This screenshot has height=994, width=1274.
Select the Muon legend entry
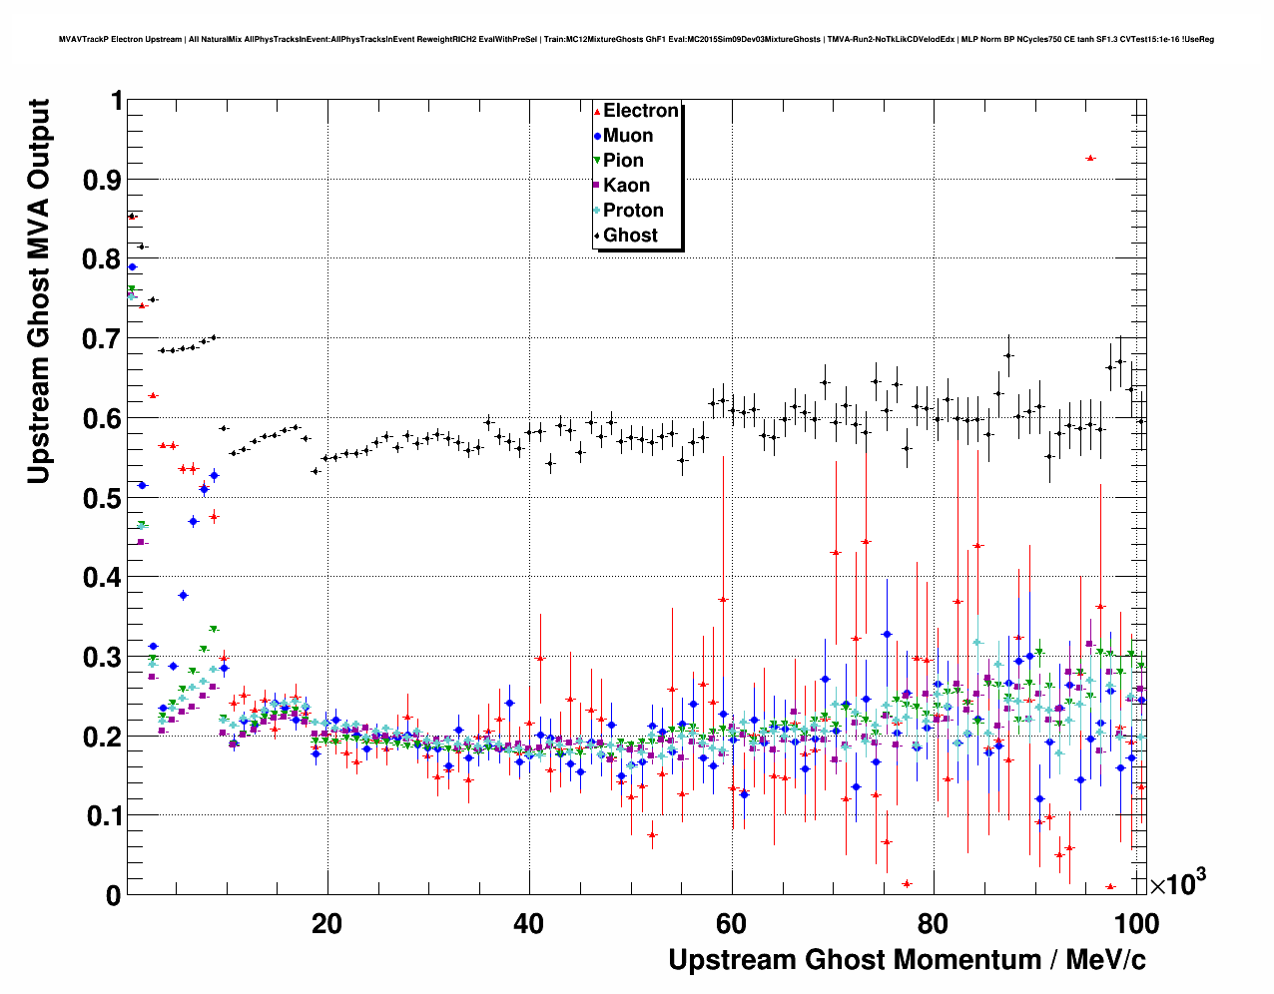point(627,136)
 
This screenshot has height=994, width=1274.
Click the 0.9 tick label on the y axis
point(100,180)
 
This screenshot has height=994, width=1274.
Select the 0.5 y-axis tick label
point(100,498)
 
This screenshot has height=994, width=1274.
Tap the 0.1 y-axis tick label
point(100,816)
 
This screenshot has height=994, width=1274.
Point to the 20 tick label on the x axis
point(326,923)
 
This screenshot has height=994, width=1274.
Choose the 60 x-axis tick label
point(732,923)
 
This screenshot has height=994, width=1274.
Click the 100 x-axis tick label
point(1136,923)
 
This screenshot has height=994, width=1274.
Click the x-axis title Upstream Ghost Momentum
point(907,960)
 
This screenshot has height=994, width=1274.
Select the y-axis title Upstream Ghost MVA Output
point(38,291)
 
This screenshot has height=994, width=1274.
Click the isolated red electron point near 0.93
point(1090,158)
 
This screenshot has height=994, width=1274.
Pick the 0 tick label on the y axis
point(114,895)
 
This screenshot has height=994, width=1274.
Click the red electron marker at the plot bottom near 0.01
point(1110,886)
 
